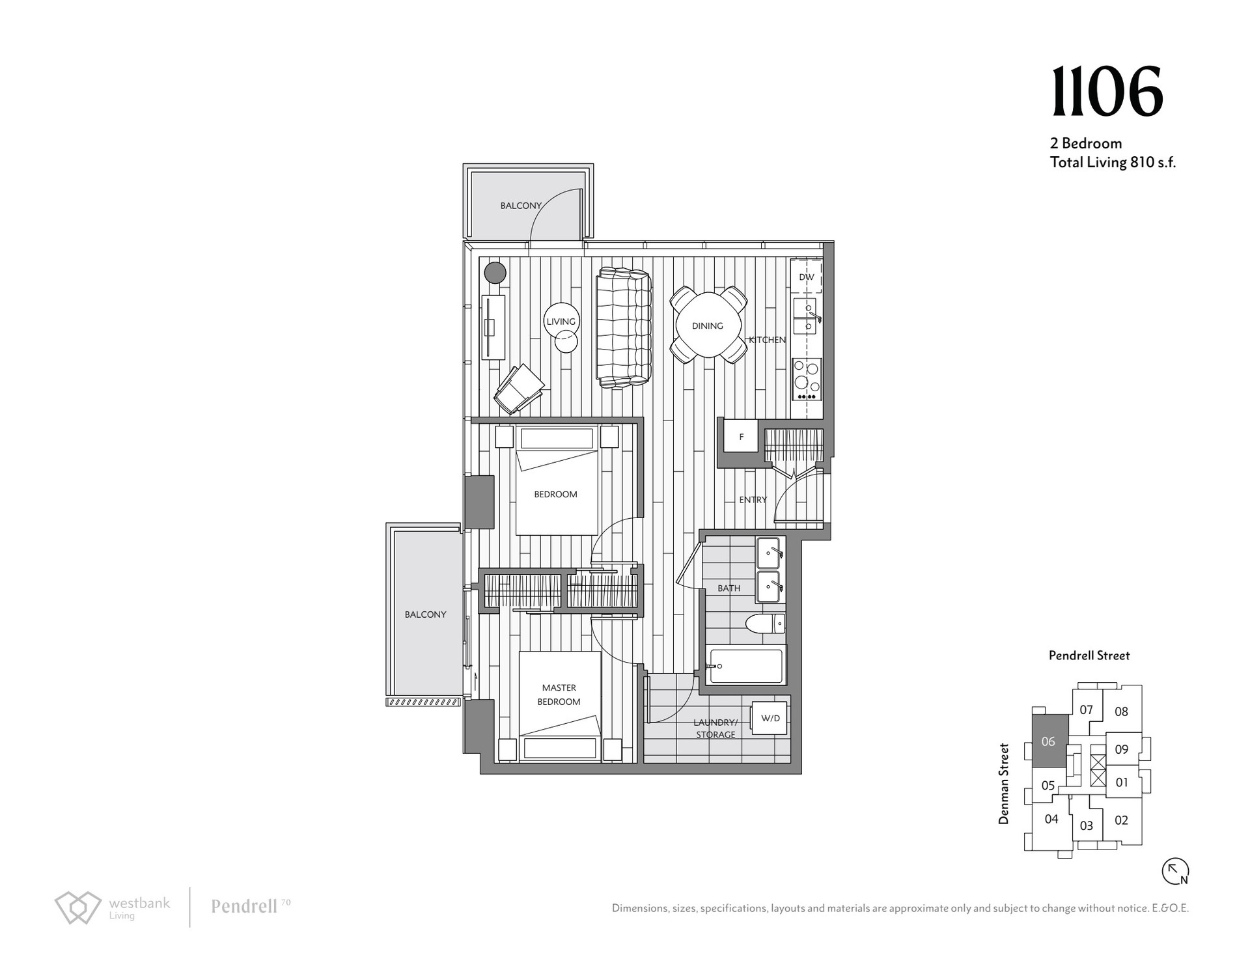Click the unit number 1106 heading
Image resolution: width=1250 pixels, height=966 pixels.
(1107, 92)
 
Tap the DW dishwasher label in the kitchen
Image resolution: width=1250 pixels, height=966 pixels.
(807, 277)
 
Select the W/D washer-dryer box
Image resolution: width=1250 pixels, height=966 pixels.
(770, 718)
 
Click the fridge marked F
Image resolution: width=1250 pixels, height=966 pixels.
(742, 437)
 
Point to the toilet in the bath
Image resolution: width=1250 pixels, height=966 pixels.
(766, 624)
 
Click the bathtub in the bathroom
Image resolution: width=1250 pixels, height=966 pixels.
(746, 665)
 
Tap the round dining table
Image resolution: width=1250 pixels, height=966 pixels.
(708, 325)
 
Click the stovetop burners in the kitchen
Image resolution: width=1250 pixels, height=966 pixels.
(807, 379)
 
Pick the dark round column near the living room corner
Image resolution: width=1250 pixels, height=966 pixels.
(495, 272)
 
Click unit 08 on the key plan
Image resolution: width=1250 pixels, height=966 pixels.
(1121, 711)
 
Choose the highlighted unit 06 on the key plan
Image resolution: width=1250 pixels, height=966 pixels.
(1048, 741)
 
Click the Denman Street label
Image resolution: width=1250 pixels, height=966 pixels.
(1004, 784)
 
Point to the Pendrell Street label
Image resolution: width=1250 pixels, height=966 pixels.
(1089, 655)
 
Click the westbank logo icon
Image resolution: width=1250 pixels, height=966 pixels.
(78, 907)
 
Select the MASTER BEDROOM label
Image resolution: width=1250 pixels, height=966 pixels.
(559, 695)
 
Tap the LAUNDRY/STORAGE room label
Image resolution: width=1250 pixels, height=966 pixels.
(715, 728)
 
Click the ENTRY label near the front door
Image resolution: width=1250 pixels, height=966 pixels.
(753, 500)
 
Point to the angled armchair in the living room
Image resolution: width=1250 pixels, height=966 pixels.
(519, 389)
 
